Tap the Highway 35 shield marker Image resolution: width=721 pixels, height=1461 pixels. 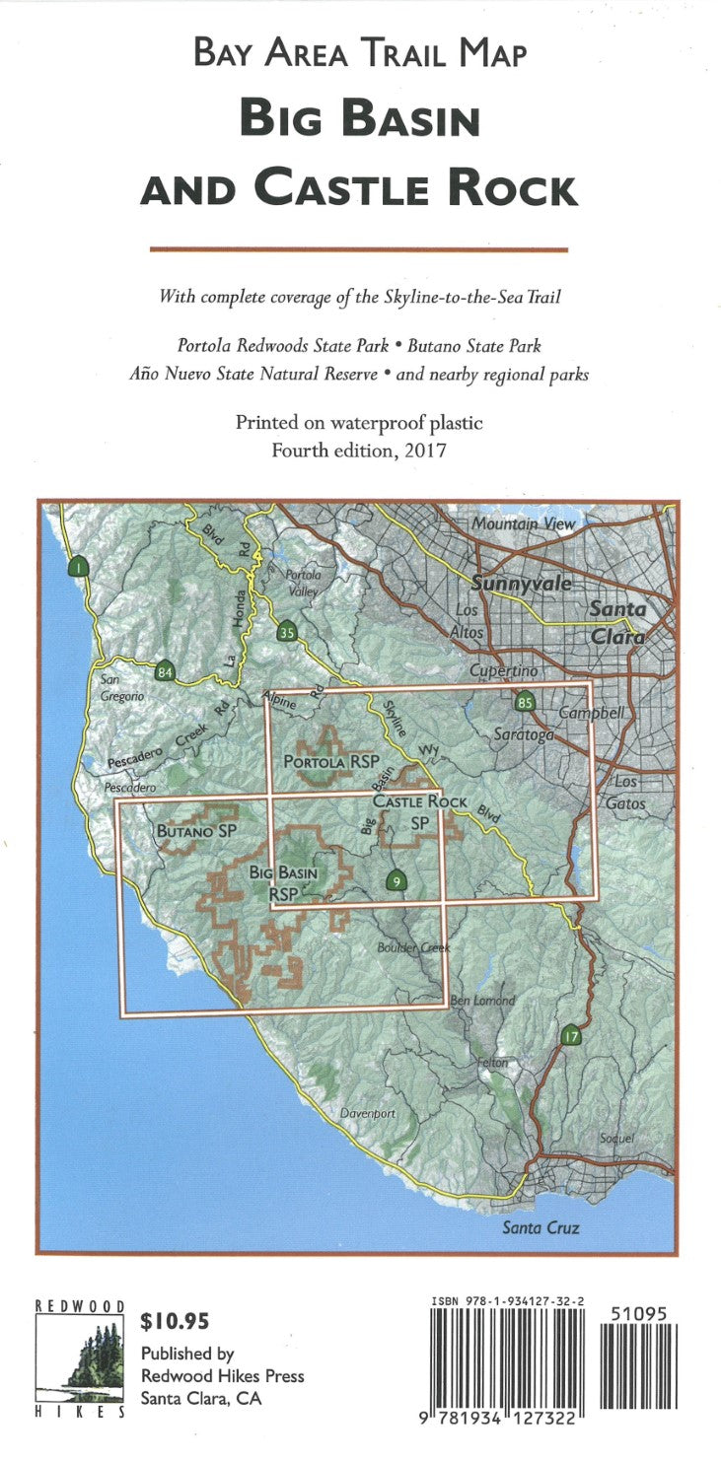pyautogui.click(x=287, y=633)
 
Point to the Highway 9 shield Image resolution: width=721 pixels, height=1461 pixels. pyautogui.click(x=396, y=880)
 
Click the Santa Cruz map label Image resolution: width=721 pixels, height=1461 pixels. pyautogui.click(x=540, y=1228)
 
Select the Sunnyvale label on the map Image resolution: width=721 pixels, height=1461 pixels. pyautogui.click(x=522, y=584)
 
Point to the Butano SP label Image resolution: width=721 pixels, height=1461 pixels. pyautogui.click(x=197, y=832)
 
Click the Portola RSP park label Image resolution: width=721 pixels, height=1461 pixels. pyautogui.click(x=325, y=762)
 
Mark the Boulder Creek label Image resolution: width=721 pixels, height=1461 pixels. pyautogui.click(x=413, y=948)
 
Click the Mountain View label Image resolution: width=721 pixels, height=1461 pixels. pyautogui.click(x=522, y=524)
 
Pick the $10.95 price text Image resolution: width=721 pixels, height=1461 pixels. pyautogui.click(x=176, y=1321)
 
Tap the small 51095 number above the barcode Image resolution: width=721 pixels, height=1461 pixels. pyautogui.click(x=639, y=1314)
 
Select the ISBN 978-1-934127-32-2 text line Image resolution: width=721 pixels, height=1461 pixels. pyautogui.click(x=507, y=1302)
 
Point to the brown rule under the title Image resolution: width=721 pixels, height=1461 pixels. pyautogui.click(x=359, y=250)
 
